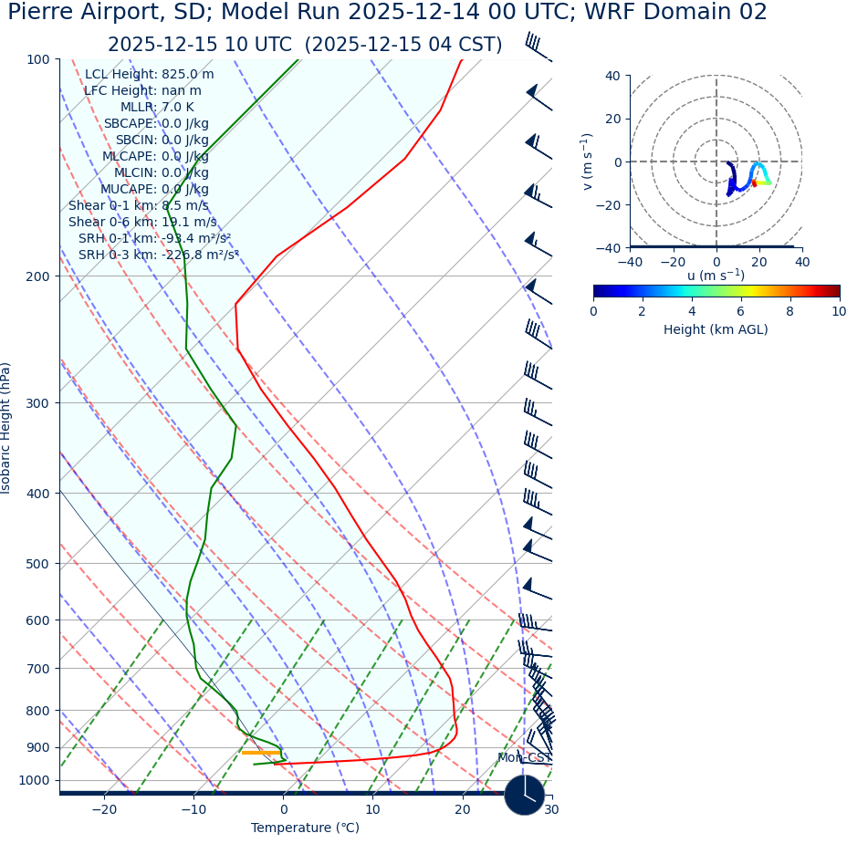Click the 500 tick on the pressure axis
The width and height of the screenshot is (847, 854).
(38, 564)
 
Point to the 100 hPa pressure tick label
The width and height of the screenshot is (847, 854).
(38, 59)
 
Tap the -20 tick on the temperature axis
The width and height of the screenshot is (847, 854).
(104, 809)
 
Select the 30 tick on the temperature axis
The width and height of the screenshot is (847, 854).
(550, 809)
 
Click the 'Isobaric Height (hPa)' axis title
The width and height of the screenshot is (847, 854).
(6, 428)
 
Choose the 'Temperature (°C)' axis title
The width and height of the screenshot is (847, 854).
(305, 828)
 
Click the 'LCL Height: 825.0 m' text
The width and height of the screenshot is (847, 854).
(149, 75)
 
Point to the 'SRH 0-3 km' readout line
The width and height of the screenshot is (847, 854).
(158, 255)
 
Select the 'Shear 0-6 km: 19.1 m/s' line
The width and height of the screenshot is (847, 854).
(142, 222)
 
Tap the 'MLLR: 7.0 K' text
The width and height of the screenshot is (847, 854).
(157, 107)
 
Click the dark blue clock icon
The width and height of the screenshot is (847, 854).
(525, 795)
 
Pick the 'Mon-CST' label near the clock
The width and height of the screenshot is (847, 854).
(524, 758)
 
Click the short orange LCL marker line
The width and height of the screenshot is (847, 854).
(261, 753)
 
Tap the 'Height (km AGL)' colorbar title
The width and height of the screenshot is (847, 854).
(716, 329)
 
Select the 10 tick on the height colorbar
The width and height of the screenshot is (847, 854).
(838, 311)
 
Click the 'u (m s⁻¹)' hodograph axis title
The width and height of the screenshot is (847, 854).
(716, 276)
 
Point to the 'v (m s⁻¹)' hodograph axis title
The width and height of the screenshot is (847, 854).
(587, 161)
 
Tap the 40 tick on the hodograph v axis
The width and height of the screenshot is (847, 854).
(612, 76)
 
